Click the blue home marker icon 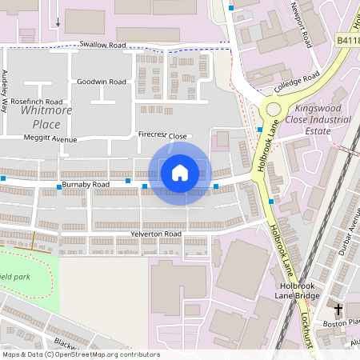tap(180, 172)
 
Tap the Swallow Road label tap(102, 46)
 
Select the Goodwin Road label tap(102, 82)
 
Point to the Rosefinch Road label tap(37, 102)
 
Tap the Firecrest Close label tap(162, 136)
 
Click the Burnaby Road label tap(86, 185)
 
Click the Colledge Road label tap(297, 82)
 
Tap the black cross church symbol tap(338, 309)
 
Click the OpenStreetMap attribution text tap(81, 354)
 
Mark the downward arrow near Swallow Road tap(58, 22)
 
